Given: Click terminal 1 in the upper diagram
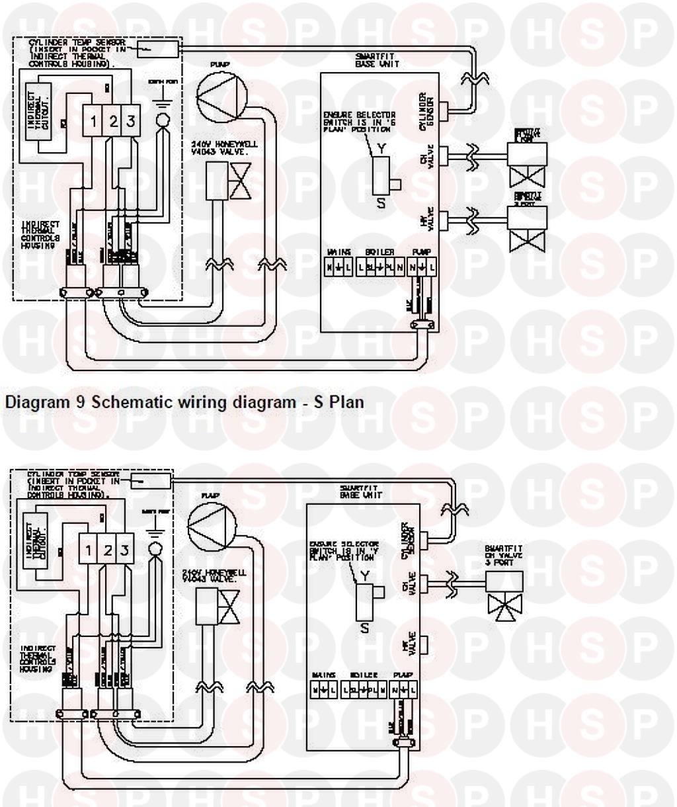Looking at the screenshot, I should [94, 121].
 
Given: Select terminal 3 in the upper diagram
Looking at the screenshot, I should [131, 121].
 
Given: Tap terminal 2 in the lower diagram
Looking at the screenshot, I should [106, 550].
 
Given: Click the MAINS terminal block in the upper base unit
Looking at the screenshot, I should [338, 268].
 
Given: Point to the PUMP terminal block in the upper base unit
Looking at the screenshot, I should [422, 268].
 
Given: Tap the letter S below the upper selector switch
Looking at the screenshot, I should [381, 204].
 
